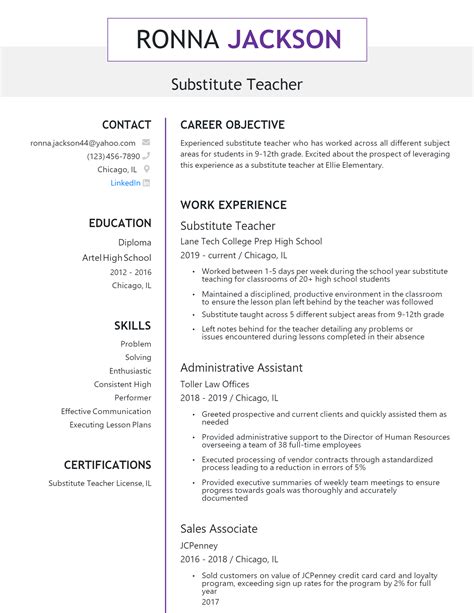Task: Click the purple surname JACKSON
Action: pos(284,40)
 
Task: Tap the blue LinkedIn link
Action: pos(125,183)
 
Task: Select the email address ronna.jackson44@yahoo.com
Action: pos(83,143)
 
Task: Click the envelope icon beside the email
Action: pos(146,143)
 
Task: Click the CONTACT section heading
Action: pos(127,125)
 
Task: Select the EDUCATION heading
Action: pos(120,223)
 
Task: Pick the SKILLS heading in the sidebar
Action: pos(132,326)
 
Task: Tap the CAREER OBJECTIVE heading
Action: pos(232,125)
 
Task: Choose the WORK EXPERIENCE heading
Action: pos(232,205)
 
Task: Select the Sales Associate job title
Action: pos(218,527)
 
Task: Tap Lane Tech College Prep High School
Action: pos(251,241)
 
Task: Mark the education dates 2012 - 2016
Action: pos(131,271)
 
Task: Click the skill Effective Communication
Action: pos(106,411)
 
